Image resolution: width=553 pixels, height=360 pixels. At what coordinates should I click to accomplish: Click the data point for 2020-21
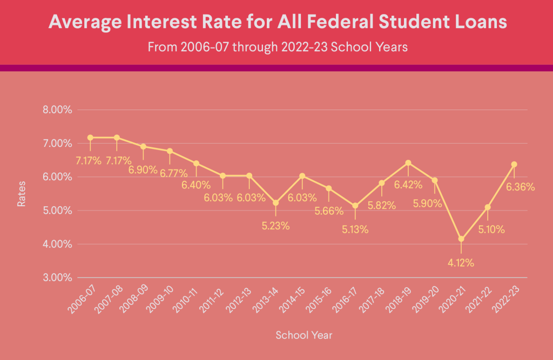point(461,239)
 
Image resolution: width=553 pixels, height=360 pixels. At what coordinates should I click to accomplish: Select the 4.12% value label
point(461,263)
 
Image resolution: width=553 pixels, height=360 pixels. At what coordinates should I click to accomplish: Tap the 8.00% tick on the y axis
point(57,110)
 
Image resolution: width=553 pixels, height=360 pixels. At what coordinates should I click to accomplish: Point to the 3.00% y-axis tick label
point(57,277)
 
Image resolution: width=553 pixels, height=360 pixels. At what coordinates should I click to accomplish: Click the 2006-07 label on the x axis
point(81,298)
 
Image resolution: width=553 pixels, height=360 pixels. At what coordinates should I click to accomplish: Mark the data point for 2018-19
point(408,162)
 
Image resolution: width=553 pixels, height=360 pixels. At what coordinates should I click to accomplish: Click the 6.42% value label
point(408,185)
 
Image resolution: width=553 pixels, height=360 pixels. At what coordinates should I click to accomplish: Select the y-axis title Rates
point(21,194)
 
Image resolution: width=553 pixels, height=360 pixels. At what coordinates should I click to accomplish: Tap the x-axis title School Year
point(304,335)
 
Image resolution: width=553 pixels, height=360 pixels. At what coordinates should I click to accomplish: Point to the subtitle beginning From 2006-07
point(277,47)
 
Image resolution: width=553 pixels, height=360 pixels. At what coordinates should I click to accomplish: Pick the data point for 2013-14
point(276,203)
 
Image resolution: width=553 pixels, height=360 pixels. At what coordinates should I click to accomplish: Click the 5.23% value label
point(275,226)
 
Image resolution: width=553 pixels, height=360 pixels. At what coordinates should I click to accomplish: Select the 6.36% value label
point(521,187)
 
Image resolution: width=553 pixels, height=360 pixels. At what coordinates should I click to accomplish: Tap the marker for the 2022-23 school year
point(514,164)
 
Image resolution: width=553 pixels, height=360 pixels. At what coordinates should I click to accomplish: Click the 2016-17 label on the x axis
point(346,298)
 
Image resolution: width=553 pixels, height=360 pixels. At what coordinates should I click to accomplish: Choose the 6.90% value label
point(143,169)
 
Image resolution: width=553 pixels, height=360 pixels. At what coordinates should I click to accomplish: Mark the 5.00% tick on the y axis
point(57,210)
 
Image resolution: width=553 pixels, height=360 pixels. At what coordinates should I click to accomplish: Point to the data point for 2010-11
point(196,163)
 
